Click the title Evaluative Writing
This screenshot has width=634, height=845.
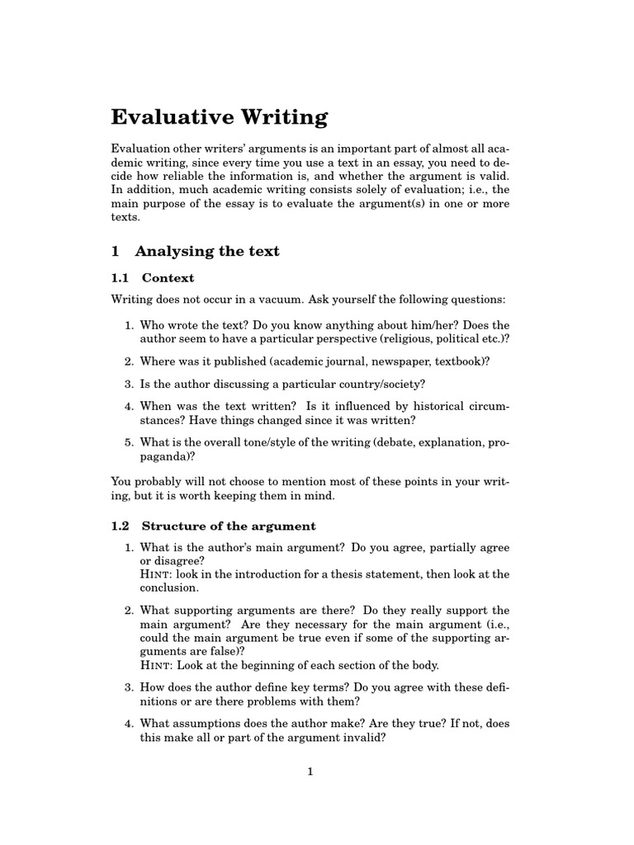tap(219, 117)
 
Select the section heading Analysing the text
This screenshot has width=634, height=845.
tap(206, 251)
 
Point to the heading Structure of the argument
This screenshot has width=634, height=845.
tap(229, 526)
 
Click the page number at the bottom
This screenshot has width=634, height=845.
tap(310, 772)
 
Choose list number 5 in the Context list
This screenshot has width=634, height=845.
tap(129, 442)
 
